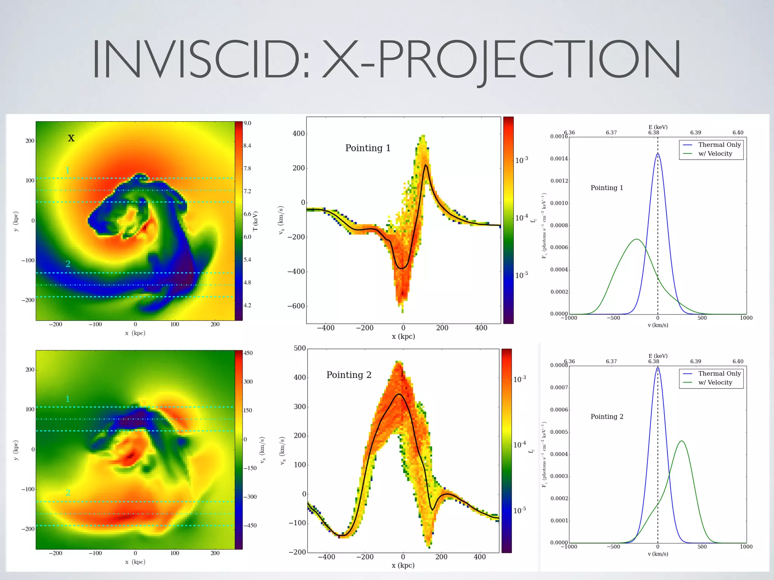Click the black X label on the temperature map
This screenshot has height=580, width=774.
pyautogui.click(x=71, y=138)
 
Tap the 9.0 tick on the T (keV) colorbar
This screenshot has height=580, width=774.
pyautogui.click(x=247, y=123)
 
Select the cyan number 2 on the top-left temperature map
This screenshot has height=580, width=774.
pyautogui.click(x=68, y=264)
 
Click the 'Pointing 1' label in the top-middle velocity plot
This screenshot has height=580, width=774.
pyautogui.click(x=368, y=148)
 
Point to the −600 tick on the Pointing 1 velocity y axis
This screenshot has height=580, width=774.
pyautogui.click(x=296, y=306)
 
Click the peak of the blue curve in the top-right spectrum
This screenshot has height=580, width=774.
pyautogui.click(x=658, y=154)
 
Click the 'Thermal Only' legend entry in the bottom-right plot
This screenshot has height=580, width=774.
pyautogui.click(x=719, y=373)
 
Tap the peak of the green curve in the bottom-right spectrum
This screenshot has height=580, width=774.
pyautogui.click(x=682, y=441)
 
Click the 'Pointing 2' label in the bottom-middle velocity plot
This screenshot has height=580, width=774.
pyautogui.click(x=349, y=375)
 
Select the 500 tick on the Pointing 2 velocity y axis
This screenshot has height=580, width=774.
pyautogui.click(x=300, y=348)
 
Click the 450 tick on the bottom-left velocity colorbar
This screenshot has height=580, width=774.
pyautogui.click(x=248, y=353)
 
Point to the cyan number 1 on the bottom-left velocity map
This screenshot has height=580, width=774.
pyautogui.click(x=68, y=399)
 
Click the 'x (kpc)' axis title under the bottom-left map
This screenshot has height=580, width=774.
pyautogui.click(x=135, y=562)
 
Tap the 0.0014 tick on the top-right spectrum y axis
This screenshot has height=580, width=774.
pyautogui.click(x=559, y=159)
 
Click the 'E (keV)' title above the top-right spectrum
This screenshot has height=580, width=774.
pyautogui.click(x=658, y=127)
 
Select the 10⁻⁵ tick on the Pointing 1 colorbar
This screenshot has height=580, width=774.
pyautogui.click(x=522, y=275)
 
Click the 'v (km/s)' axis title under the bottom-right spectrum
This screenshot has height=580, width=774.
pyautogui.click(x=658, y=554)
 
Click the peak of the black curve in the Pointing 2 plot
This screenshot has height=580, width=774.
pyautogui.click(x=399, y=394)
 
